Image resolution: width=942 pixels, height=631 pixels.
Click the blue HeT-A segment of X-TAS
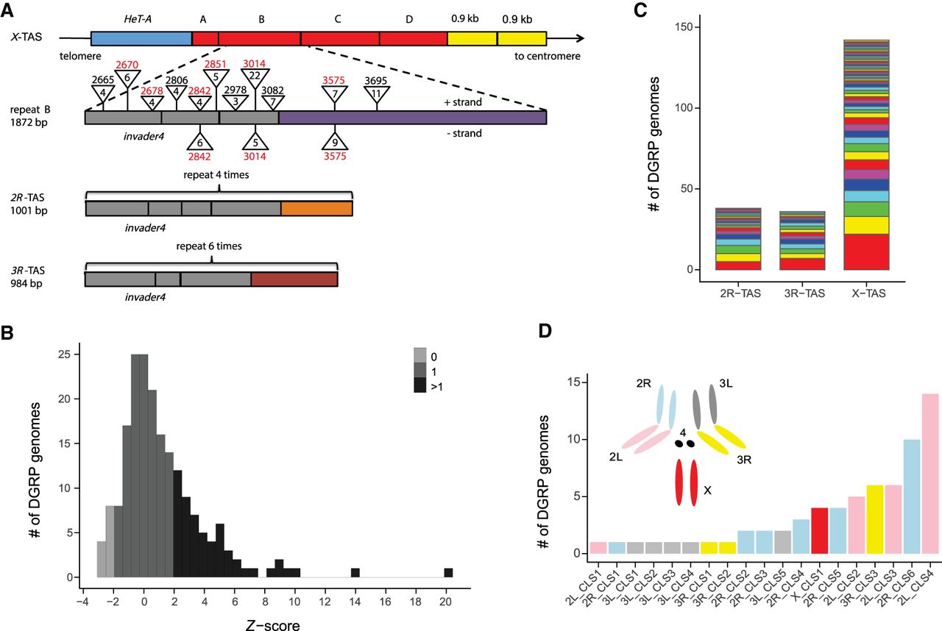(141, 40)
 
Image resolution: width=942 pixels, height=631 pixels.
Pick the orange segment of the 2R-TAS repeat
(316, 208)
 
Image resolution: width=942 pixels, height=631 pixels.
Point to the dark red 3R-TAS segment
(294, 279)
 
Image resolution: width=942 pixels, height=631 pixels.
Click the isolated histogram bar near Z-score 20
(448, 573)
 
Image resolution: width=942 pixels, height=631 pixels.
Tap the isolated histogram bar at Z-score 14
(355, 573)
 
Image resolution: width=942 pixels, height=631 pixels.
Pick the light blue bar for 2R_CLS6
(912, 496)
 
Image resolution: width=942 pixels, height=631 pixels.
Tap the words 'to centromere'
(548, 56)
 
